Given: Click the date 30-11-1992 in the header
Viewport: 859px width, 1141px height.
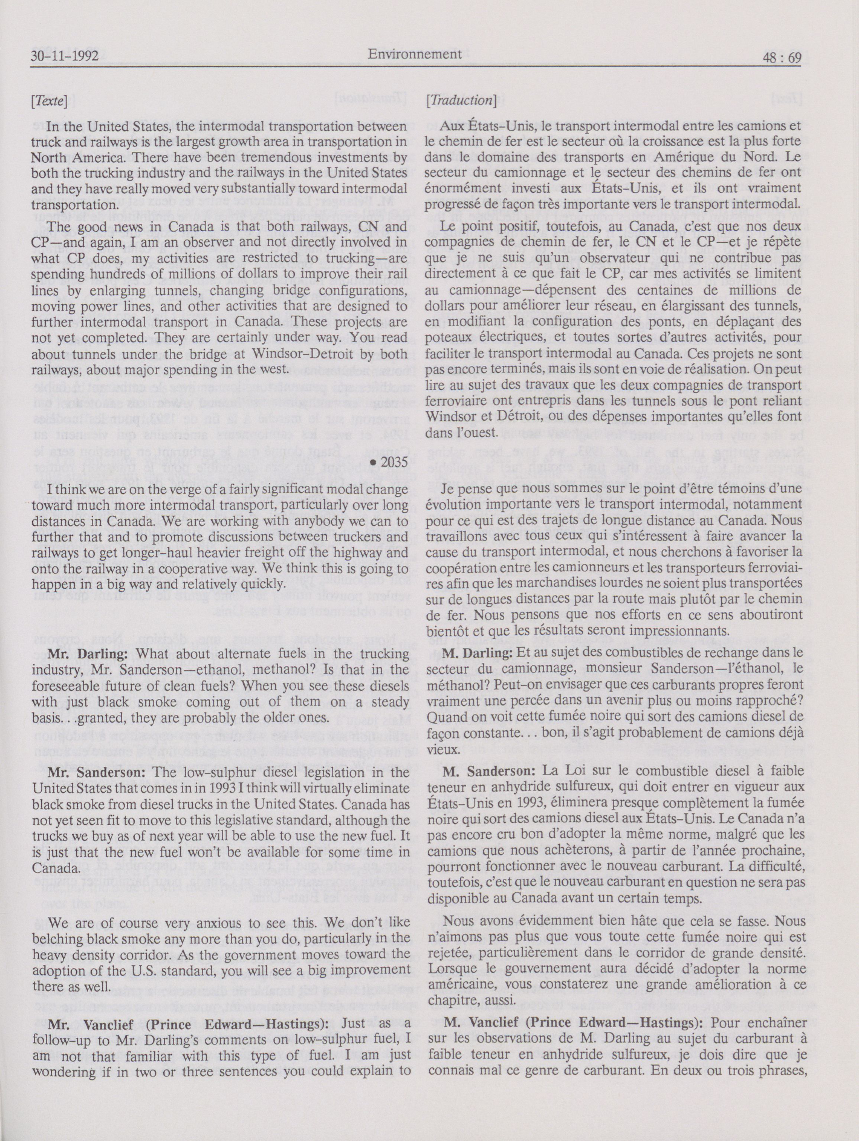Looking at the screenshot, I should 65,56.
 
